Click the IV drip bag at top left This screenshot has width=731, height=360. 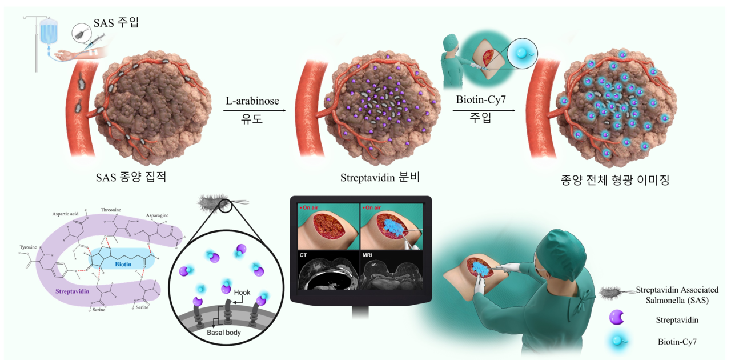click(x=49, y=31)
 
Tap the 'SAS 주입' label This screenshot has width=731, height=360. click(x=118, y=23)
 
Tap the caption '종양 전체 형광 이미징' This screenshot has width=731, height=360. click(x=616, y=179)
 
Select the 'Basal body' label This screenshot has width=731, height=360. click(x=223, y=332)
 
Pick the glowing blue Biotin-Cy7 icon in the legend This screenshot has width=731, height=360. click(x=617, y=341)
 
